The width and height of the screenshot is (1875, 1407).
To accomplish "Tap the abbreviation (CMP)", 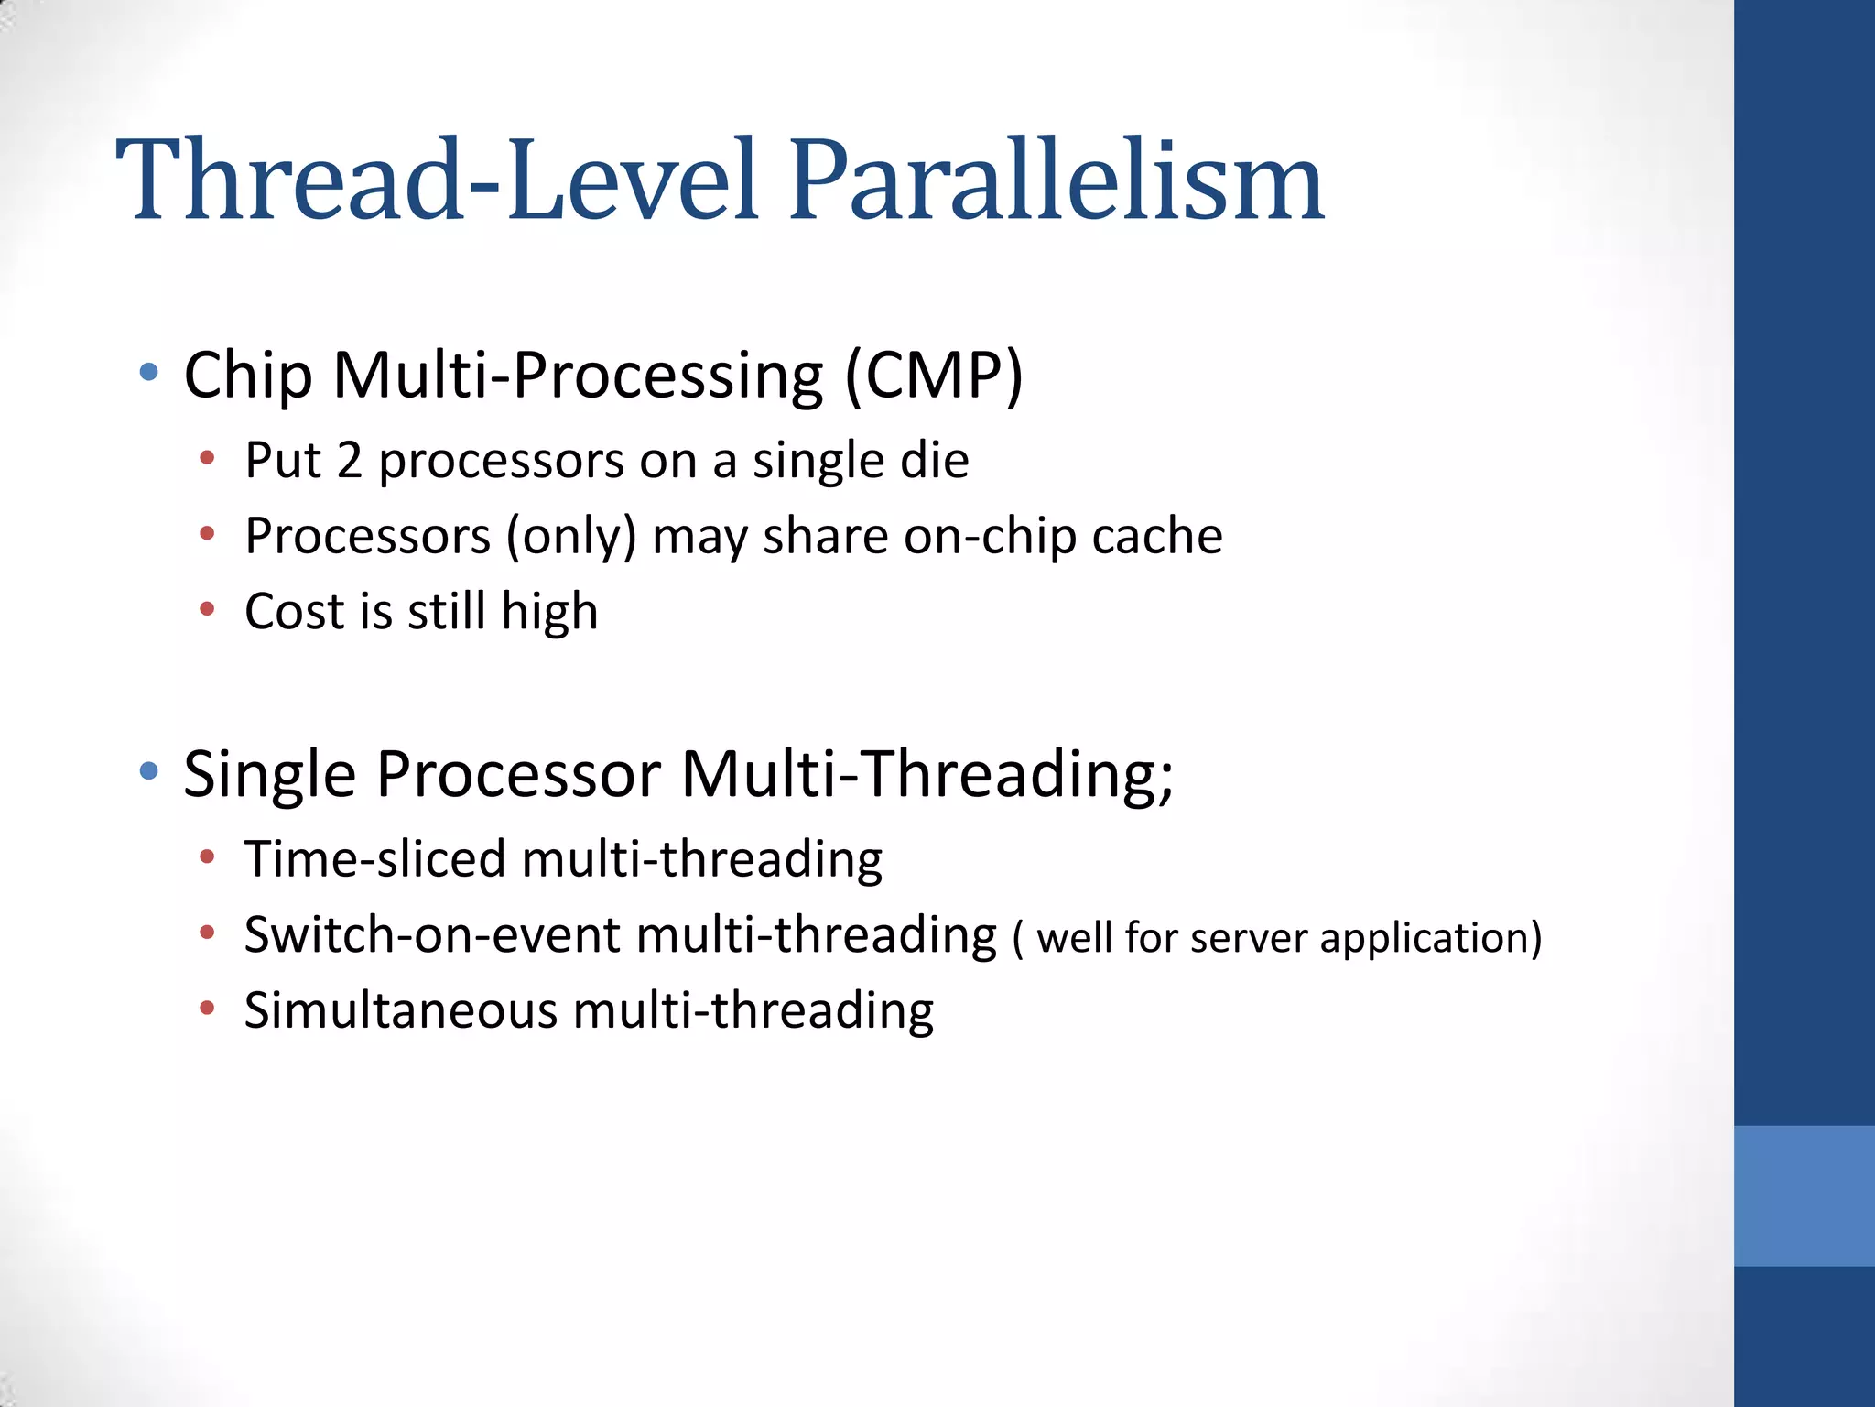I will pos(933,375).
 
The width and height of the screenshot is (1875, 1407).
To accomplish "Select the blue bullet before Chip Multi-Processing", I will pos(149,373).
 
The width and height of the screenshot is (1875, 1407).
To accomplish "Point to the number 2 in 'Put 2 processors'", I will pos(349,460).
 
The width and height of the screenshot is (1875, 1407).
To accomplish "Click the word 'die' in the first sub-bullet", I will pos(934,460).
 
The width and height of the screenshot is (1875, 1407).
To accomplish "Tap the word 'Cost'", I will pos(294,611).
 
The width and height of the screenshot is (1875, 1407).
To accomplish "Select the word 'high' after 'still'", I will pos(549,613).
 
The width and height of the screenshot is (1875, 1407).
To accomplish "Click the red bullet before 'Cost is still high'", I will pos(208,609).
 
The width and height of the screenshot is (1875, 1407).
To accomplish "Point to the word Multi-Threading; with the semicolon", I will pos(927,775).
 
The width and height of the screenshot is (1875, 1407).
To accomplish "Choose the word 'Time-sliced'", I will pos(374,859).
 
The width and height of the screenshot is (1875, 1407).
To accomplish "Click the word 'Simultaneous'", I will pos(400,1010).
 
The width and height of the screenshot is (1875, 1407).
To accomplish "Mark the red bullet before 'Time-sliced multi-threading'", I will pos(208,857).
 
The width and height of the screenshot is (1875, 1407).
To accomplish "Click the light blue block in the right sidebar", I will pos(1804,1195).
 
